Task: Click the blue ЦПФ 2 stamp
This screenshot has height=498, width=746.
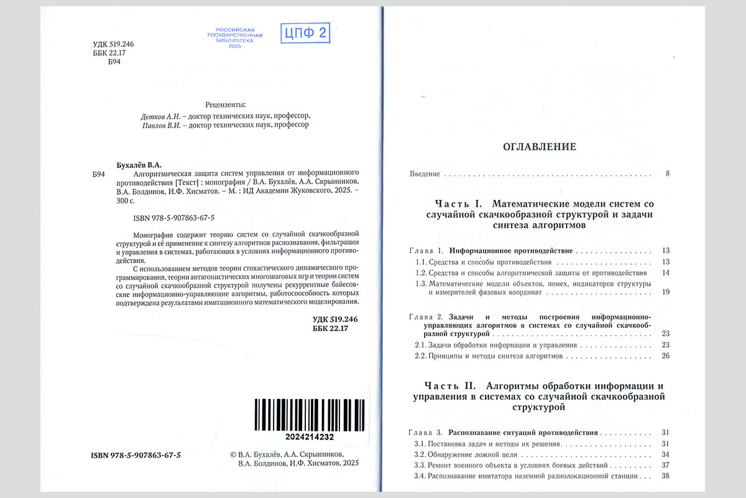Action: (x=305, y=33)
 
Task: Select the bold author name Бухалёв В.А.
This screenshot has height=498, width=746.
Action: (x=139, y=165)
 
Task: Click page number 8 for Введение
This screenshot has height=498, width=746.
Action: (x=667, y=174)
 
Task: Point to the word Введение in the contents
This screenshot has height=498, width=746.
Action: (x=425, y=174)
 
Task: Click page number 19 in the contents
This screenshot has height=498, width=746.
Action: (x=665, y=292)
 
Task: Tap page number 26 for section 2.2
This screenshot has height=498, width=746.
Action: (x=665, y=357)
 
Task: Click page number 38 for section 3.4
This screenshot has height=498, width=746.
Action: (x=665, y=476)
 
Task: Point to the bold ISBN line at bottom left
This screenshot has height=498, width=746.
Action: (x=136, y=455)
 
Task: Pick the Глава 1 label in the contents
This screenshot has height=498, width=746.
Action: (x=426, y=251)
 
